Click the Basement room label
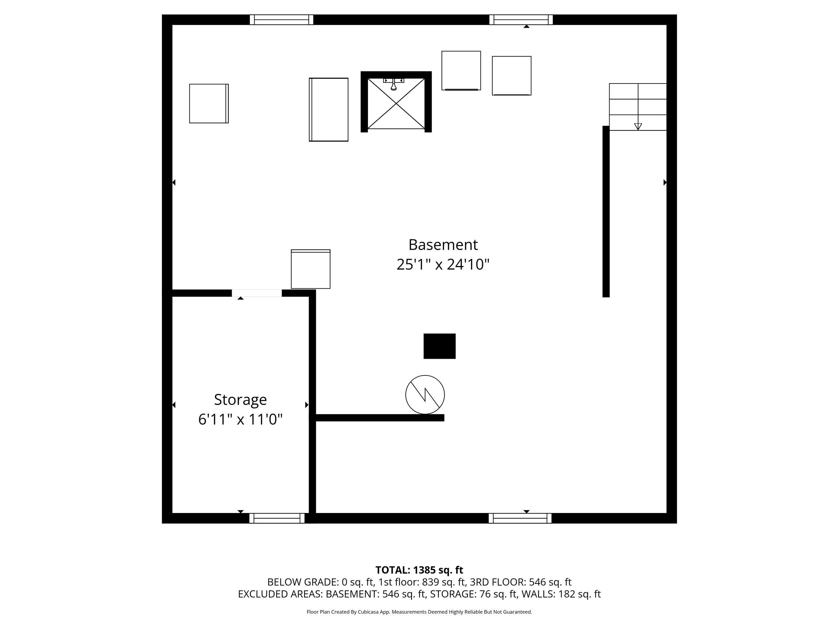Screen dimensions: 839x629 pyautogui.click(x=443, y=245)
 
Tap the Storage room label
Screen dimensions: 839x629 pyautogui.click(x=241, y=400)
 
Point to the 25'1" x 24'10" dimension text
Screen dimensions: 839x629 pyautogui.click(x=443, y=264)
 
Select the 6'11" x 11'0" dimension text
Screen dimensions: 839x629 pyautogui.click(x=241, y=419)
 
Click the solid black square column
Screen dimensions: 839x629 pyautogui.click(x=439, y=346)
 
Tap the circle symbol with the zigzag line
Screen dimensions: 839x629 pyautogui.click(x=425, y=395)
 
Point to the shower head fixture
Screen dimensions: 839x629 pyautogui.click(x=394, y=85)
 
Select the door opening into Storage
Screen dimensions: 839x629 pyautogui.click(x=257, y=293)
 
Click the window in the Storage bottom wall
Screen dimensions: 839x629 pyautogui.click(x=277, y=518)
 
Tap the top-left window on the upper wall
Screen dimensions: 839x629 pyautogui.click(x=282, y=20)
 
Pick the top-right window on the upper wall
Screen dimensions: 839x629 pyautogui.click(x=521, y=20)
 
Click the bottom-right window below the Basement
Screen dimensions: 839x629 pyautogui.click(x=520, y=518)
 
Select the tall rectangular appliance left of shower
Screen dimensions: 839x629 pyautogui.click(x=328, y=109)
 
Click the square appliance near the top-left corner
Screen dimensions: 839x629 pyautogui.click(x=209, y=104)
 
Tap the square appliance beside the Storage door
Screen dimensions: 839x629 pyautogui.click(x=311, y=269)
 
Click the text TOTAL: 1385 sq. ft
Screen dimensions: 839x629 pyautogui.click(x=419, y=570)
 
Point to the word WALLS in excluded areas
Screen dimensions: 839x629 pyautogui.click(x=538, y=594)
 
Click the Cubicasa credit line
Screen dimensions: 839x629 pyautogui.click(x=419, y=612)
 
